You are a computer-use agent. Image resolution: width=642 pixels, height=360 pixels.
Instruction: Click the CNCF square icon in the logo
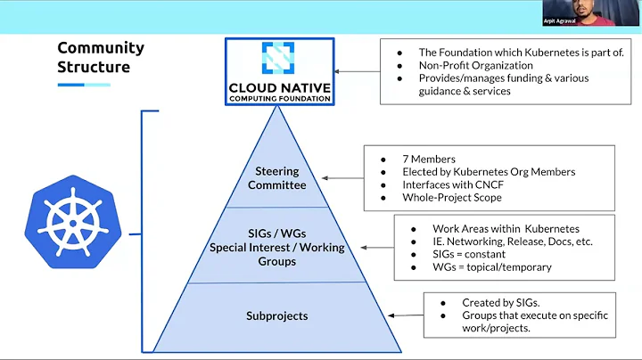(x=280, y=57)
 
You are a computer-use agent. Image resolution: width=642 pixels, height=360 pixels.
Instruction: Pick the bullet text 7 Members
(x=430, y=159)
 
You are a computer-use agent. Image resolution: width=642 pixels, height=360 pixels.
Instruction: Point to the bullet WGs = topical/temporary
(x=491, y=266)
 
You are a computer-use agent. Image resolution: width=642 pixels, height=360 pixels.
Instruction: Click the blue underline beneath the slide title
(x=84, y=85)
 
